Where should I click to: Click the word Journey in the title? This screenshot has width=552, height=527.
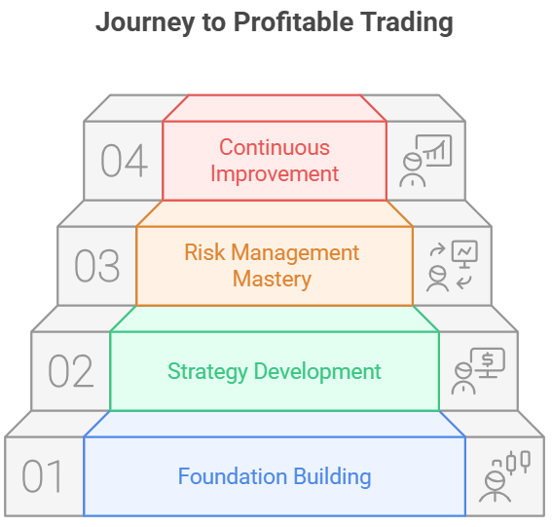(138, 23)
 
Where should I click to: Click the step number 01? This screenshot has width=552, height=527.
(44, 477)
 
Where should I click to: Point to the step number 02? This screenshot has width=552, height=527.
(70, 372)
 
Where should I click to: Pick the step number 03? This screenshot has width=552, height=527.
(96, 266)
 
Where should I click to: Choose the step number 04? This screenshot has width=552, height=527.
(124, 161)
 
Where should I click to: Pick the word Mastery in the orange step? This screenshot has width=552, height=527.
(273, 280)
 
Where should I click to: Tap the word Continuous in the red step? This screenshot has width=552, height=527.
(275, 148)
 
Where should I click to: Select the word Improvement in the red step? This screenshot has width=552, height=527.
(275, 174)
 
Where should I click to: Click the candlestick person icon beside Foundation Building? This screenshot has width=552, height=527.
(504, 477)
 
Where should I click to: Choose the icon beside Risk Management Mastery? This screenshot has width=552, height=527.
(452, 266)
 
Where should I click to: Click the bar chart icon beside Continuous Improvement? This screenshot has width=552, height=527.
(425, 161)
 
